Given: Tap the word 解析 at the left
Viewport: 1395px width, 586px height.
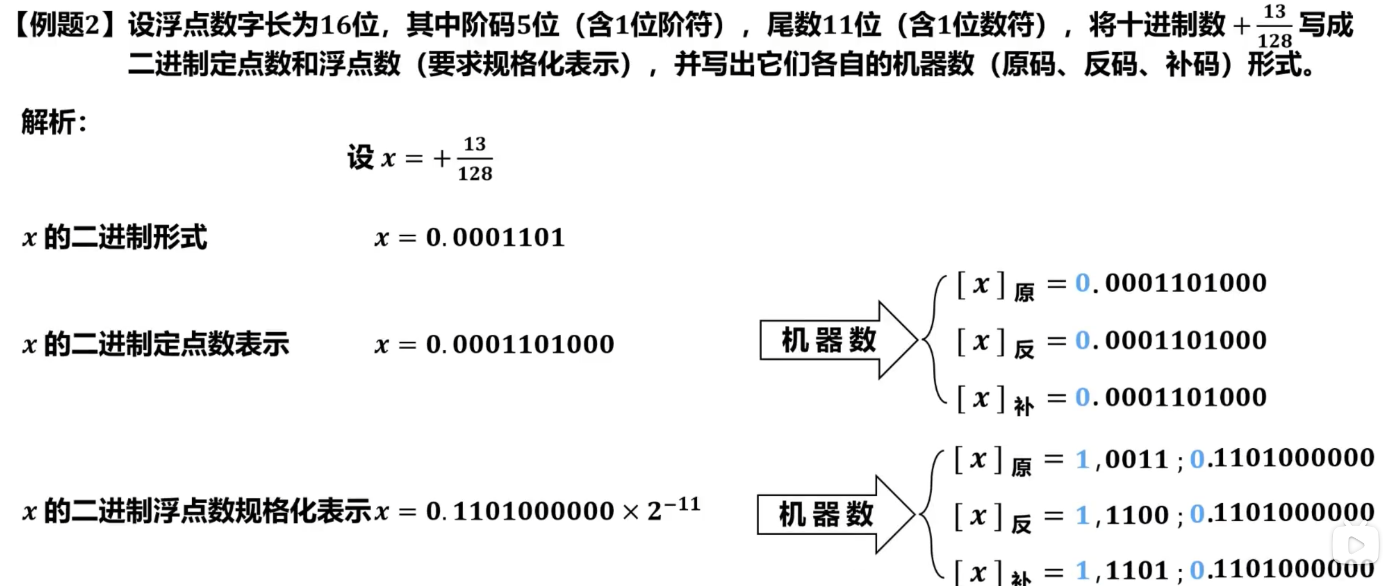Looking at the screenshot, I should tap(48, 122).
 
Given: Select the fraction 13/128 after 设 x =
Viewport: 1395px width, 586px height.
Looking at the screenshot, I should tap(475, 159).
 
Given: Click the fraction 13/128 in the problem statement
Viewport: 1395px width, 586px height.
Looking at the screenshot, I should tap(1274, 26).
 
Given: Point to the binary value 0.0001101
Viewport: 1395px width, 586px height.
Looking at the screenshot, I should tap(495, 237).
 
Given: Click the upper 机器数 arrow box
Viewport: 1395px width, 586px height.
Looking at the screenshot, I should tap(828, 341).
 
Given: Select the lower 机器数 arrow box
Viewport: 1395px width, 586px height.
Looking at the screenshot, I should tap(825, 515).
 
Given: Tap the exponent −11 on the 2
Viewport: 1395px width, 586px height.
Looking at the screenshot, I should tap(682, 505).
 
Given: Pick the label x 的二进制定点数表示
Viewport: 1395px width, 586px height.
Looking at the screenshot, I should tap(155, 345).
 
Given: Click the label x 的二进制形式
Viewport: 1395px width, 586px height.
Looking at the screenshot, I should tap(114, 237).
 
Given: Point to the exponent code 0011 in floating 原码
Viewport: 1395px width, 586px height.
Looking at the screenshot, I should tap(1137, 460).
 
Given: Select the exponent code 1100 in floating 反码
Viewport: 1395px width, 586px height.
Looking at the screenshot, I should tap(1137, 515).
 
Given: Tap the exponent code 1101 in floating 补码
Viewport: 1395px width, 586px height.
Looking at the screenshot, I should tap(1137, 570).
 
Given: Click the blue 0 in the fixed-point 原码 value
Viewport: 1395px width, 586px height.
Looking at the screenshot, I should tap(1082, 283).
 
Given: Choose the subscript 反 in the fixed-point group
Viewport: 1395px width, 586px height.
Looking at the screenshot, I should tap(1024, 350).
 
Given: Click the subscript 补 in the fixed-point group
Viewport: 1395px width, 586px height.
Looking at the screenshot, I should tap(1024, 407).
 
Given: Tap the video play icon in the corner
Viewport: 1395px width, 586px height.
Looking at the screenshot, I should tap(1356, 546).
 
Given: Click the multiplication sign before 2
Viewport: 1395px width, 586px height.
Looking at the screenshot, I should tap(631, 512).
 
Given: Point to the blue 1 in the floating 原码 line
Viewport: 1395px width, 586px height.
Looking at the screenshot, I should tap(1082, 460).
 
